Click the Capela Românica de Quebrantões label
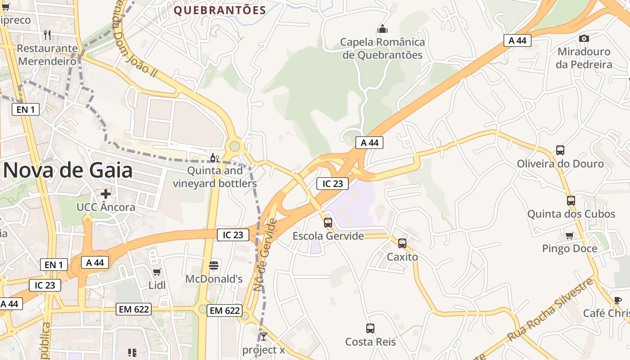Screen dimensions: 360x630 [x=382, y=49]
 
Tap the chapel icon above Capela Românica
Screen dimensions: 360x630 [x=382, y=29]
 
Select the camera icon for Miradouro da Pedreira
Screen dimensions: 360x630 [x=584, y=39]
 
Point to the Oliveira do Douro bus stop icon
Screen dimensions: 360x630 [x=560, y=150]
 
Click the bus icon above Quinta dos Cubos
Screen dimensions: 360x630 [x=571, y=201]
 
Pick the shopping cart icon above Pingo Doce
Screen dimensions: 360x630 [x=570, y=235]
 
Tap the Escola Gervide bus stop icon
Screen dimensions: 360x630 [x=328, y=222]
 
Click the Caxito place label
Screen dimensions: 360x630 [x=402, y=257]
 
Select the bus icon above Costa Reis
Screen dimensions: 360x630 [x=370, y=328]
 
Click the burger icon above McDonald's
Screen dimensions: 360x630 [x=214, y=265]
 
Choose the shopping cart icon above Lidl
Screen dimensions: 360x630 [x=157, y=272]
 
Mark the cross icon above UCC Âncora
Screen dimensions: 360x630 [x=106, y=194]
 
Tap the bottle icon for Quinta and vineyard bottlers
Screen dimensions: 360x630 [x=215, y=158]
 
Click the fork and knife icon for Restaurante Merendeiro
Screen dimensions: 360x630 [x=47, y=35]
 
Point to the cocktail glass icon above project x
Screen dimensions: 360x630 [x=264, y=337]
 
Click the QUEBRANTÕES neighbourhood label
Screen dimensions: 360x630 [x=220, y=10]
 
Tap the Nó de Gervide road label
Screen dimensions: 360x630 [x=265, y=255]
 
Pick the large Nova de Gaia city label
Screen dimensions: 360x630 [x=68, y=171]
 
